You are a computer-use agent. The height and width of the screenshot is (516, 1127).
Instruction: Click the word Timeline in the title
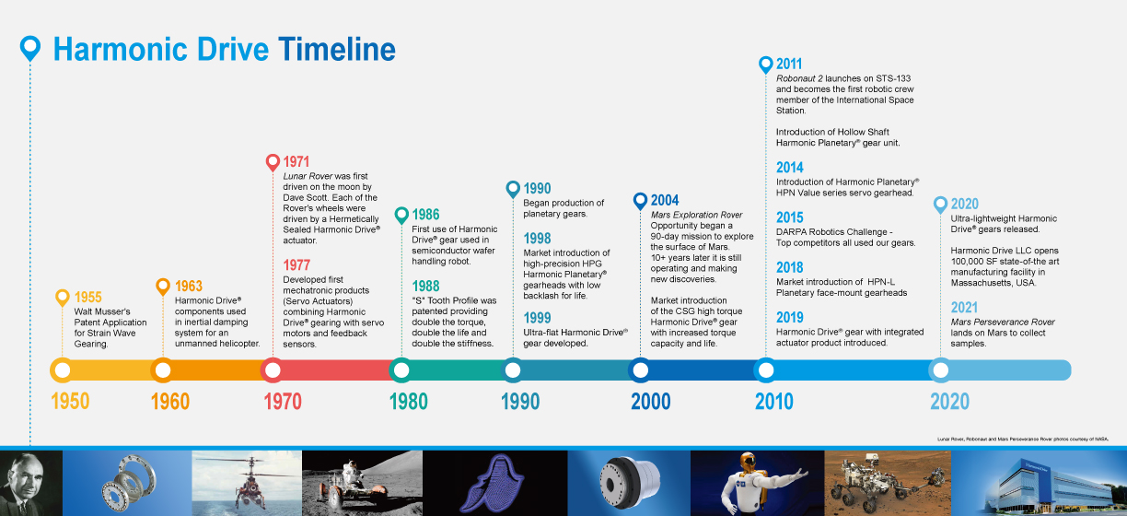[x=337, y=50]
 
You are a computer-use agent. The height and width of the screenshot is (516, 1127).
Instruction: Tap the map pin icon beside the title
[x=30, y=48]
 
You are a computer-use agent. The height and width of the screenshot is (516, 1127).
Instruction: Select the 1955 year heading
[x=88, y=297]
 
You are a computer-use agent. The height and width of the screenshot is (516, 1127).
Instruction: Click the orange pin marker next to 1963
[x=163, y=287]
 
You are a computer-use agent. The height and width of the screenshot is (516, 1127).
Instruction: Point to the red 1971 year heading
[x=296, y=161]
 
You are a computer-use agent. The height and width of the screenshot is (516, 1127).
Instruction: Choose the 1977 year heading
[x=296, y=264]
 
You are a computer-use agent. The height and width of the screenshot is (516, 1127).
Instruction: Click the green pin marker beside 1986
[x=401, y=216]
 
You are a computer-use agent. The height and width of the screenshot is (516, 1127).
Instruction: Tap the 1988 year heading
[x=425, y=286]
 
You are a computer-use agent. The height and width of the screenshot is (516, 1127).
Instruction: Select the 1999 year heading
[x=537, y=318]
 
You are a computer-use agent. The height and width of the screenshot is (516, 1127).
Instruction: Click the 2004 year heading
[x=665, y=200]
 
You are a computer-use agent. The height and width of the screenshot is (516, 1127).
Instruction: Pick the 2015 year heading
[x=790, y=217]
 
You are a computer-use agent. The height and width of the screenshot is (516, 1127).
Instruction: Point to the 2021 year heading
[x=964, y=307]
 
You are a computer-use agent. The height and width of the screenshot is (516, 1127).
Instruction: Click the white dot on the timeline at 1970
[x=273, y=370]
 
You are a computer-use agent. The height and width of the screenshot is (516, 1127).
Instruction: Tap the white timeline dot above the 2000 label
[x=641, y=370]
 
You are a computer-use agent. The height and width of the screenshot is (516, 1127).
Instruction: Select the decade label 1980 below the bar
[x=409, y=402]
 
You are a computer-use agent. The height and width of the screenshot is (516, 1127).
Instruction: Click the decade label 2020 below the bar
[x=949, y=402]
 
